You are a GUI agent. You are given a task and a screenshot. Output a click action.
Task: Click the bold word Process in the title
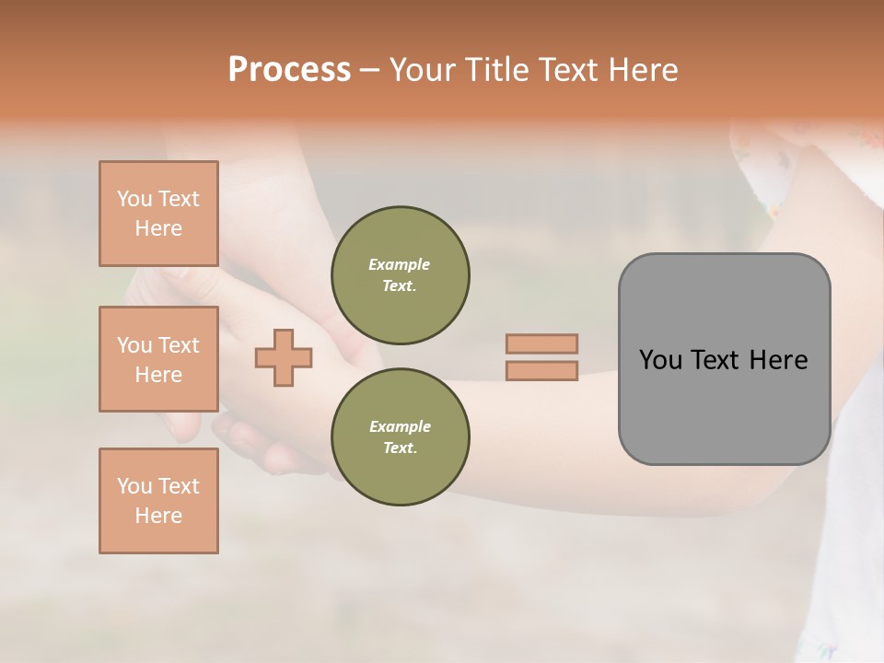pos(289,70)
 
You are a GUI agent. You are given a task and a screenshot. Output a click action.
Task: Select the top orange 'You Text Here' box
pos(158,214)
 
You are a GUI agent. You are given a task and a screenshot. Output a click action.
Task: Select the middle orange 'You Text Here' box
pos(158,359)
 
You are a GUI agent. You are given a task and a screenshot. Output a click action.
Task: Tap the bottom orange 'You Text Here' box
pos(158,501)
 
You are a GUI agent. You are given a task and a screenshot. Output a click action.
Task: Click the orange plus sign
pos(284,357)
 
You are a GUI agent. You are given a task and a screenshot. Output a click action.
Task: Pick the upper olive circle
pos(400,275)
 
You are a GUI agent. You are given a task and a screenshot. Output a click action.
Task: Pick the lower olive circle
pos(400,437)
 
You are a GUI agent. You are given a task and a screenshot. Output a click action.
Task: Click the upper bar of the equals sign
pos(541,343)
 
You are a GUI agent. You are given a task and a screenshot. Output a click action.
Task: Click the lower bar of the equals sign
pos(541,371)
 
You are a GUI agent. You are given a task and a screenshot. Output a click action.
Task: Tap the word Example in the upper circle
pos(400,264)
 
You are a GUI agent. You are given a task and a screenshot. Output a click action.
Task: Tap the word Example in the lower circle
pos(400,426)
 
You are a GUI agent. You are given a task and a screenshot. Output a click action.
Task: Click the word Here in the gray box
pos(778,360)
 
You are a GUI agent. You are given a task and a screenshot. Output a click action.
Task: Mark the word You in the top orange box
pos(134,199)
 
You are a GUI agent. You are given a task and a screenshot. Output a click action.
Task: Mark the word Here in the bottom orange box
pos(158,516)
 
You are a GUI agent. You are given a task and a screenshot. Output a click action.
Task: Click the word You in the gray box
pos(660,360)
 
